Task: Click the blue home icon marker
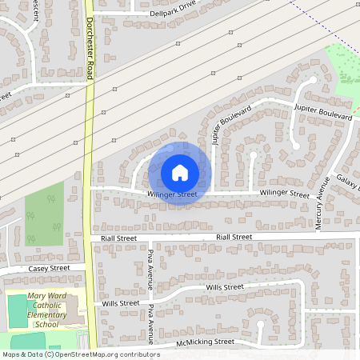coord(180,173)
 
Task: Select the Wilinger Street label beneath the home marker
coord(172,194)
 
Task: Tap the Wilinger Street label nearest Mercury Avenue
coord(283,194)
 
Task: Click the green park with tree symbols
coord(43,214)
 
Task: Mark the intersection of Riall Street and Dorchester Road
coord(91,238)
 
